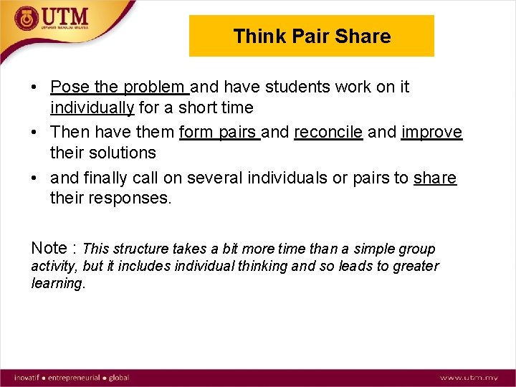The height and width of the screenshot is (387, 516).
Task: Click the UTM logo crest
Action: tap(27, 18)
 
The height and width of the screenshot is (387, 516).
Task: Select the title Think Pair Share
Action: tap(312, 37)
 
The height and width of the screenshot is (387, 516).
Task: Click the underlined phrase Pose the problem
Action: tap(119, 87)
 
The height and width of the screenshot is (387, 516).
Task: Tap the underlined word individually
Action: tap(92, 108)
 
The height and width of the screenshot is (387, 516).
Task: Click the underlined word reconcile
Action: tap(328, 133)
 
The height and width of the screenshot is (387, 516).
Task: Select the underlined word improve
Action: tap(431, 133)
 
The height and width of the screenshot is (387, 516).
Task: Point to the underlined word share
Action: tap(434, 178)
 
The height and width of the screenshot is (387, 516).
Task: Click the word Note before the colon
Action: tap(49, 248)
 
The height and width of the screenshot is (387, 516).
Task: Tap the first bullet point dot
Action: tap(34, 88)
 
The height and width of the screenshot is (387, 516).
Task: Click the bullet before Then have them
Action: tap(34, 133)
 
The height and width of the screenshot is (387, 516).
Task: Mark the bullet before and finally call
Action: tap(34, 178)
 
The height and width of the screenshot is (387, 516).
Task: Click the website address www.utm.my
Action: tap(469, 377)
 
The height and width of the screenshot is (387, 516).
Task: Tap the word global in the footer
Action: tap(119, 377)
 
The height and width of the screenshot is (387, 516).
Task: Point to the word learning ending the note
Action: tap(57, 283)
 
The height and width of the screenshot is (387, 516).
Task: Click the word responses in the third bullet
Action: tap(130, 198)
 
